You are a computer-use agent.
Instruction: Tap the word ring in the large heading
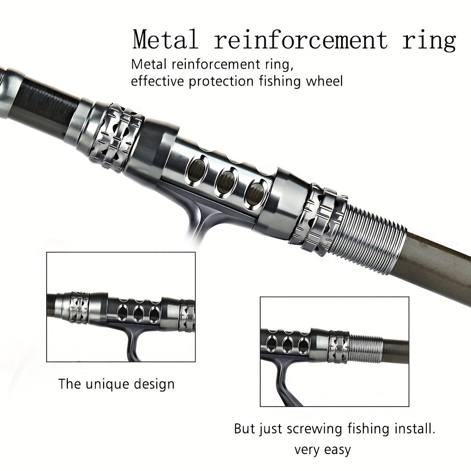[x=429, y=41]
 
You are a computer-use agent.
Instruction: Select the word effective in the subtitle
[x=158, y=81]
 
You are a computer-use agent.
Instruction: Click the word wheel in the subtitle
[x=324, y=81]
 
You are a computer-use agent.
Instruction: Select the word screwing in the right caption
[x=297, y=429]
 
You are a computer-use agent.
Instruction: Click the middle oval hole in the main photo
[x=226, y=183]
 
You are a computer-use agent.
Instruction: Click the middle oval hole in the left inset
[x=139, y=312]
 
